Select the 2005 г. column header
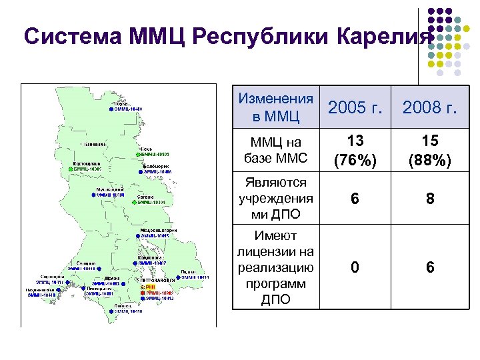[x=355, y=108]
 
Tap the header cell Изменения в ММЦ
[x=275, y=108]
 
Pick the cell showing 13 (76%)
[x=355, y=151]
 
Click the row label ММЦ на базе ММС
[x=275, y=151]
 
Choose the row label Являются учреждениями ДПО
[x=275, y=199]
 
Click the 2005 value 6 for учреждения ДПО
[x=355, y=199]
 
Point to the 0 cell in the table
[x=355, y=267]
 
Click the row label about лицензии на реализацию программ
[x=275, y=267]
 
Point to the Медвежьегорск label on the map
[x=158, y=230]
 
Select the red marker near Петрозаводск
[x=141, y=293]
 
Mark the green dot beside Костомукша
[x=70, y=170]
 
